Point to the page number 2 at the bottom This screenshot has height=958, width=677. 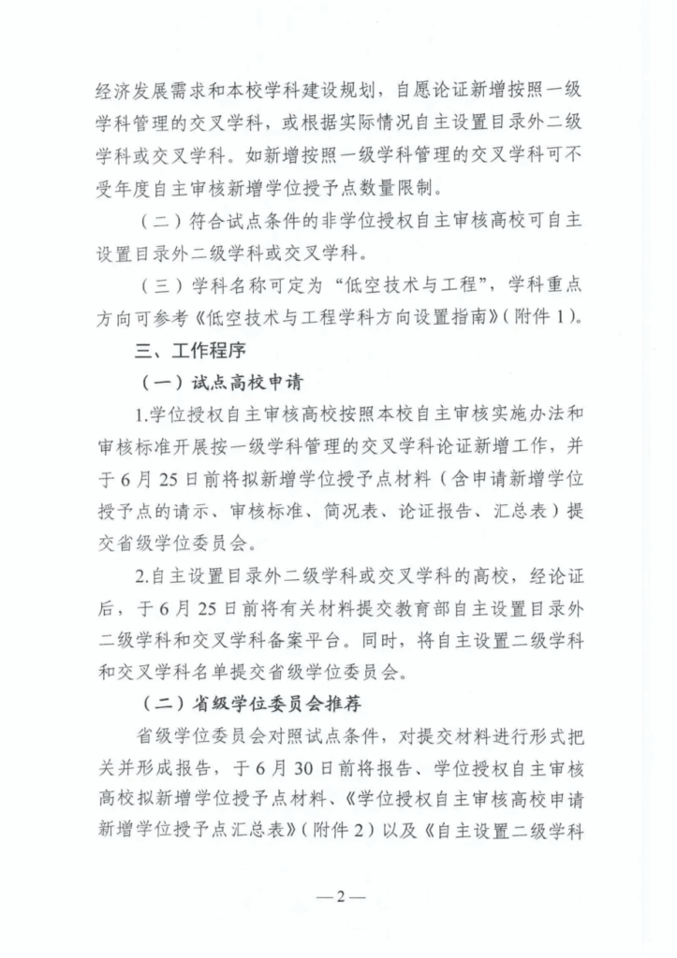click(x=340, y=896)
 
